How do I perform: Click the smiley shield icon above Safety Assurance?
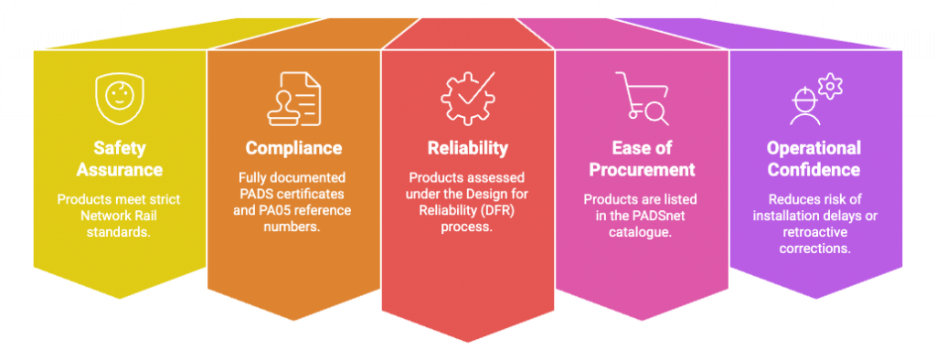(x=117, y=97)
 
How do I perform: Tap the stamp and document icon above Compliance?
(x=293, y=97)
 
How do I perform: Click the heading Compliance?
(x=293, y=148)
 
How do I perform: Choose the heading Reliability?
(x=467, y=148)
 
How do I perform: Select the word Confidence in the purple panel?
(x=814, y=170)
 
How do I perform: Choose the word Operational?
(x=814, y=148)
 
